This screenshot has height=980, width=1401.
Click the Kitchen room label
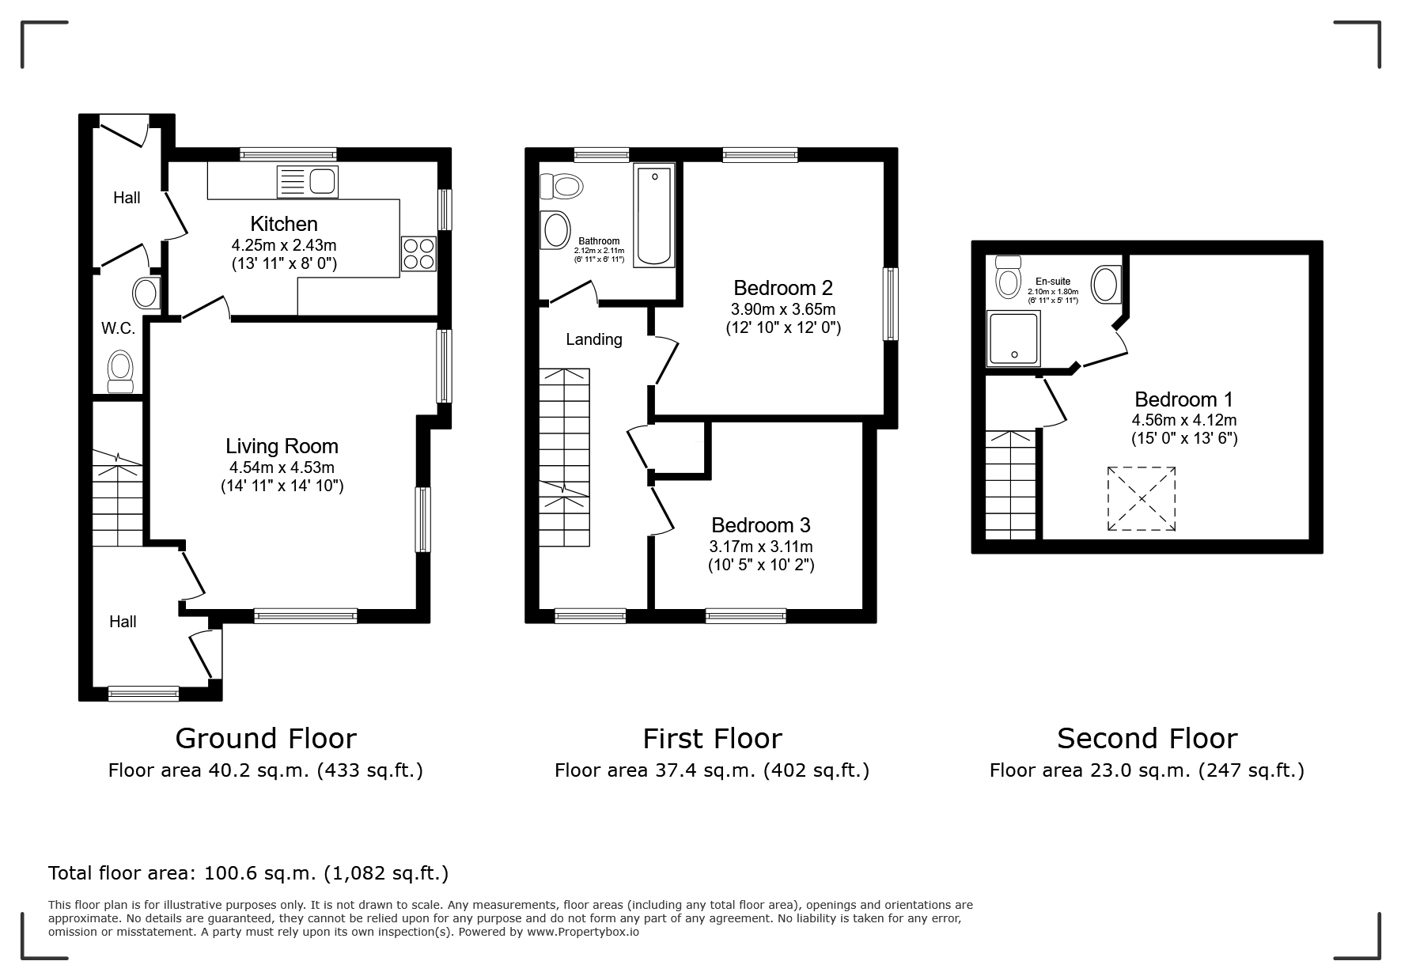(x=284, y=224)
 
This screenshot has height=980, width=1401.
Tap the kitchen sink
(x=307, y=182)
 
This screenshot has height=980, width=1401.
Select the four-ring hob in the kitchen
(x=419, y=254)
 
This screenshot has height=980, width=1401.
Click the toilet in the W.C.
(x=120, y=372)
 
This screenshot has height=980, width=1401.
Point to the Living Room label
(x=282, y=446)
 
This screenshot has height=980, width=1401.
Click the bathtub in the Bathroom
(x=655, y=215)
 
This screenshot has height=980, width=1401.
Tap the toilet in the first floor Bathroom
(x=562, y=187)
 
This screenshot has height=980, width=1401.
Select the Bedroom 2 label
(x=783, y=288)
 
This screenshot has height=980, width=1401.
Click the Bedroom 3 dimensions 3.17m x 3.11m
(x=761, y=547)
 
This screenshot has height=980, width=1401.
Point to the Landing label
(x=594, y=339)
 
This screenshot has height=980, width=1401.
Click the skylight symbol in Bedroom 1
(x=1142, y=498)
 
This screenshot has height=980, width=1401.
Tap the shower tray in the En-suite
(x=1013, y=339)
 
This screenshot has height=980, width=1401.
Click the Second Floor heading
(x=1147, y=738)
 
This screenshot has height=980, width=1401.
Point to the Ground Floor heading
(x=266, y=738)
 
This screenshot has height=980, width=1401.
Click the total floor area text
(x=248, y=873)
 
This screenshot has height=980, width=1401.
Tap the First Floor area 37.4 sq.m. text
(x=712, y=770)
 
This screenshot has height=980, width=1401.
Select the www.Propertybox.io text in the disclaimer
(x=583, y=932)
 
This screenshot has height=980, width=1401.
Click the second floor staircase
(x=1010, y=485)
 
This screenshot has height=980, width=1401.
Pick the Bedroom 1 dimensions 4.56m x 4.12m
(x=1184, y=420)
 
